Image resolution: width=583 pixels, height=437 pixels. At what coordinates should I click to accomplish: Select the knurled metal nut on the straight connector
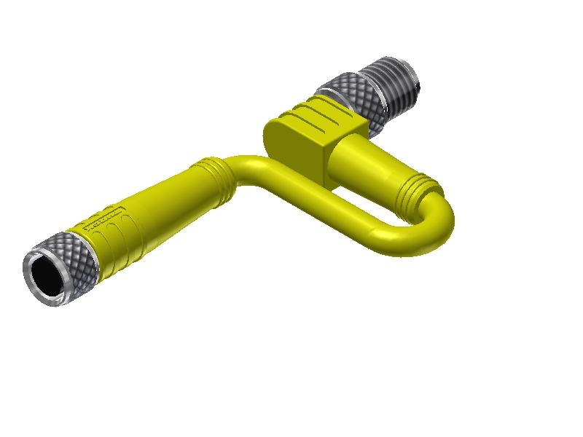pyautogui.click(x=76, y=258)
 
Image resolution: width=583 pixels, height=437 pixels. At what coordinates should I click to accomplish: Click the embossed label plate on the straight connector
pyautogui.click(x=103, y=217)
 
